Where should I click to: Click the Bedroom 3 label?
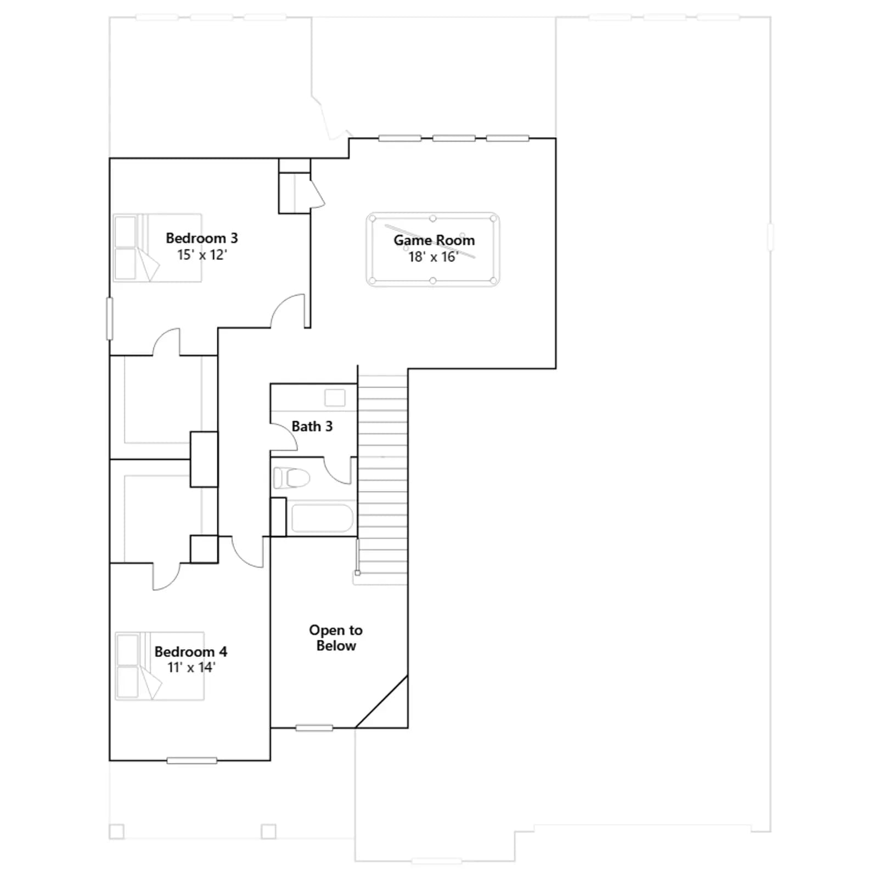coord(202,238)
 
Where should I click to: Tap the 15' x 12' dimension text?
coord(202,255)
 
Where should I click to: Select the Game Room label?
coord(434,240)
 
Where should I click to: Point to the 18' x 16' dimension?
coord(434,257)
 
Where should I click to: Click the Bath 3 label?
coord(312,426)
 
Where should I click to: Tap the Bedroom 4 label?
coord(191,652)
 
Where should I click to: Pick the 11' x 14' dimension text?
coord(191,668)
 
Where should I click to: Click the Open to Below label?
coord(336,638)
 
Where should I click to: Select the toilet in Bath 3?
coord(291,477)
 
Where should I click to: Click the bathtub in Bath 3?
coord(322,518)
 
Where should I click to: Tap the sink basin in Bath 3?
coord(335,397)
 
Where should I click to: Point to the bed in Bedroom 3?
coord(157,248)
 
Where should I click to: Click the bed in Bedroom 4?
coord(160,666)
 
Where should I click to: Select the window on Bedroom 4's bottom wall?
coord(192,761)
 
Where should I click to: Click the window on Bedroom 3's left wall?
coord(110,319)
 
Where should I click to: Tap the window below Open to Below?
coord(314,728)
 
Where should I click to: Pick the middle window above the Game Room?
coord(454,138)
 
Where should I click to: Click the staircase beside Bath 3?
coord(382,475)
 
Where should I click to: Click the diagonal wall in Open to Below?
coord(381,702)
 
